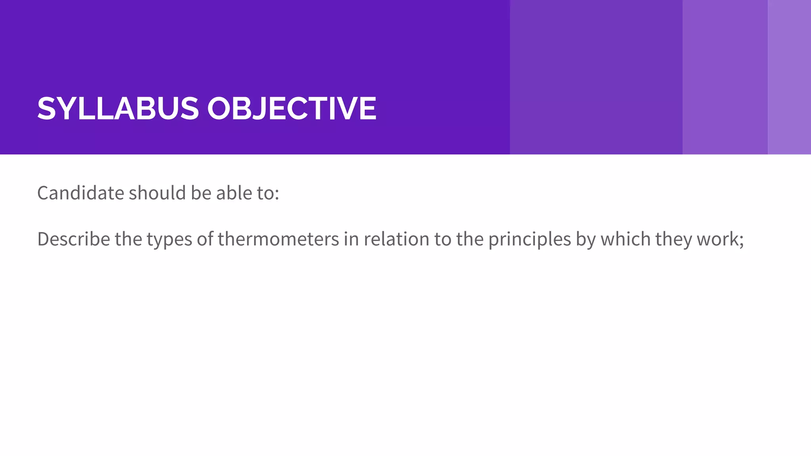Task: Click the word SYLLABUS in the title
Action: tap(118, 108)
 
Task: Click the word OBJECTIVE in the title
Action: tap(291, 108)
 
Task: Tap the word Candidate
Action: tap(81, 193)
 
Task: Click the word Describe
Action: tap(73, 239)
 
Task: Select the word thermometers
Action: tap(278, 239)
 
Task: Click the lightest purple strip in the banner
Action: tap(789, 77)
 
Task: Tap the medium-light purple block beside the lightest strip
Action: tap(725, 77)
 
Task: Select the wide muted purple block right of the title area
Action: tap(596, 77)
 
